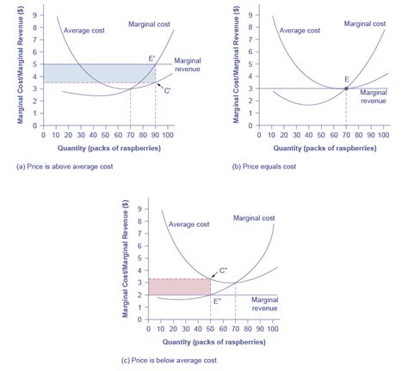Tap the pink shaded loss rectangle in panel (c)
[179, 286]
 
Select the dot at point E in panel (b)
[346, 88]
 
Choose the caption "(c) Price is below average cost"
[182, 360]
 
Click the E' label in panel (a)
[151, 58]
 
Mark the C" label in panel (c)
[222, 270]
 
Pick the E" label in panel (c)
[216, 301]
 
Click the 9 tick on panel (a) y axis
[34, 15]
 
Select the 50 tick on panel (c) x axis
[210, 328]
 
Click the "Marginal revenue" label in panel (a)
[188, 64]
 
